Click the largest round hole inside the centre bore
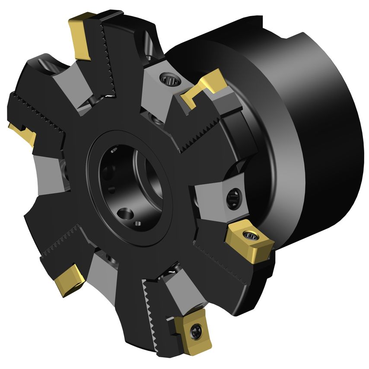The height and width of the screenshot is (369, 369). click(125, 213)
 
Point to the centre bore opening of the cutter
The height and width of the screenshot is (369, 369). click(130, 181)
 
